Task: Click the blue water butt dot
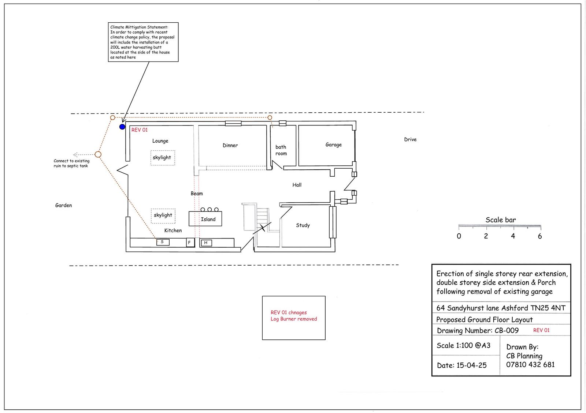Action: [122, 127]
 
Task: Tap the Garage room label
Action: [334, 145]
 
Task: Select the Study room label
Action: [303, 225]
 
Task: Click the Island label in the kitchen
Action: [208, 219]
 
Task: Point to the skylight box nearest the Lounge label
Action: [163, 158]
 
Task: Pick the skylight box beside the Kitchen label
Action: [163, 216]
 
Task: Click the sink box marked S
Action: [163, 242]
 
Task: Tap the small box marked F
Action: [190, 243]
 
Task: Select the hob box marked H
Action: [206, 243]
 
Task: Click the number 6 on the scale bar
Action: [540, 236]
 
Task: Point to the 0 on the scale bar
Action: [459, 236]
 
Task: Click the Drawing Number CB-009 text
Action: [478, 330]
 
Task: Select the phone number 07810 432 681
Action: [530, 365]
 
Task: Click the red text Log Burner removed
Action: [293, 319]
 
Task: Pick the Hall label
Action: [297, 185]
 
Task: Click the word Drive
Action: [410, 139]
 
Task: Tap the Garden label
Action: [63, 205]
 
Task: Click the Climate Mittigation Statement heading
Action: [139, 27]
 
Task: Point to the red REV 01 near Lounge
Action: [140, 130]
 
